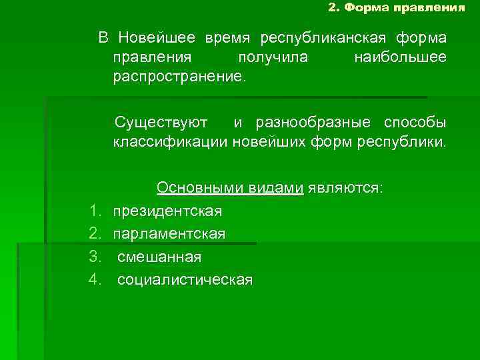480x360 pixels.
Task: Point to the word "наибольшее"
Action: [x=400, y=57]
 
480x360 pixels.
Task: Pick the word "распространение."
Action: [x=179, y=77]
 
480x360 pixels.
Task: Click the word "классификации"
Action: [x=170, y=142]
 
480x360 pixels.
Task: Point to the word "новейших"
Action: [x=276, y=142]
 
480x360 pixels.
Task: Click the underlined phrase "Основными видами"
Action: [x=230, y=188]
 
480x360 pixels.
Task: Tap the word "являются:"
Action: [x=345, y=188]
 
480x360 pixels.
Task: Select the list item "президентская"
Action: [x=167, y=211]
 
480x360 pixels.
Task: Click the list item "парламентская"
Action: [x=169, y=234]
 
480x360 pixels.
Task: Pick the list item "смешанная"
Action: [x=159, y=257]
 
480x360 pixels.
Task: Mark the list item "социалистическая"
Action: [x=185, y=279]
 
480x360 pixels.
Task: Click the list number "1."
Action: [x=94, y=211]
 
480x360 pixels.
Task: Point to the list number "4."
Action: [x=94, y=279]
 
